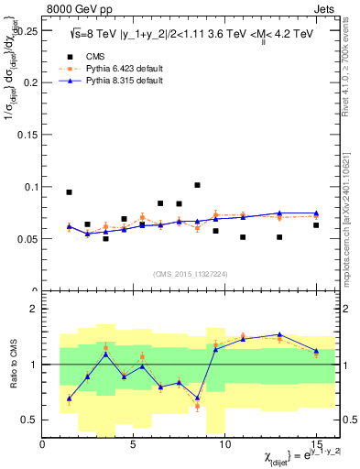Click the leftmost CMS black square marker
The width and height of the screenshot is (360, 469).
[69, 192]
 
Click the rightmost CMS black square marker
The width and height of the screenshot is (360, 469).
[316, 225]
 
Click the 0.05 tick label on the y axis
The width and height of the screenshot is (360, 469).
[27, 239]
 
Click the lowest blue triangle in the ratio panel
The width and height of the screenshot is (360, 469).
[69, 398]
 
